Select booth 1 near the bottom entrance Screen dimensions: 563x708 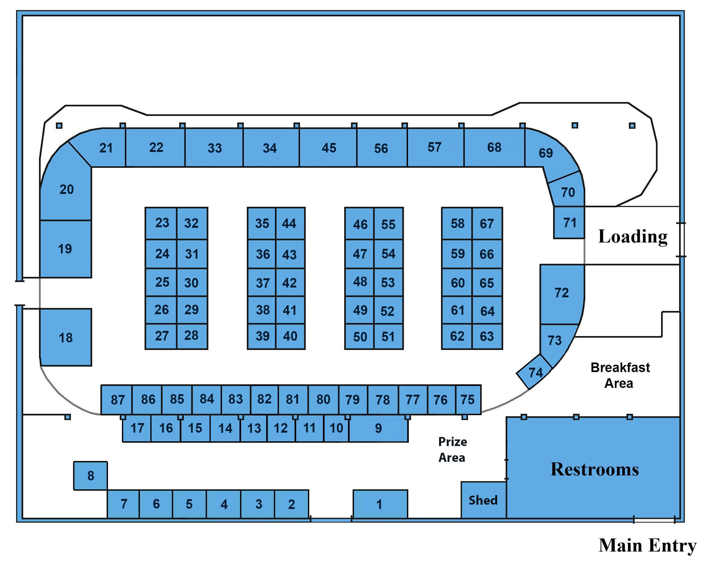pyautogui.click(x=380, y=504)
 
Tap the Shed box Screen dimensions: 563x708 pyautogui.click(x=483, y=500)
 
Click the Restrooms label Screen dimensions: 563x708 pyautogui.click(x=594, y=469)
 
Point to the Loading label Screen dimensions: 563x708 pyautogui.click(x=632, y=236)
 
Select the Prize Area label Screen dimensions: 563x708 pyautogui.click(x=452, y=449)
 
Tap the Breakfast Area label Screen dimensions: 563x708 pyautogui.click(x=620, y=375)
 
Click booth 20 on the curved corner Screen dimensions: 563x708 pyautogui.click(x=66, y=189)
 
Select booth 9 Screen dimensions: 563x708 pyautogui.click(x=378, y=428)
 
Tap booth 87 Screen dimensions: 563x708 pyautogui.click(x=117, y=400)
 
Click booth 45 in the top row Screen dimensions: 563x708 pyautogui.click(x=328, y=148)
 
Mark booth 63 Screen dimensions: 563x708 pyautogui.click(x=487, y=336)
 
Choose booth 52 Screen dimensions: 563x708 pyautogui.click(x=388, y=311)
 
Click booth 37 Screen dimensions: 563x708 pyautogui.click(x=262, y=283)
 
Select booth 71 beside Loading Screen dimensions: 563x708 pyautogui.click(x=569, y=222)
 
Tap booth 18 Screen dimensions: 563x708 pyautogui.click(x=66, y=337)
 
